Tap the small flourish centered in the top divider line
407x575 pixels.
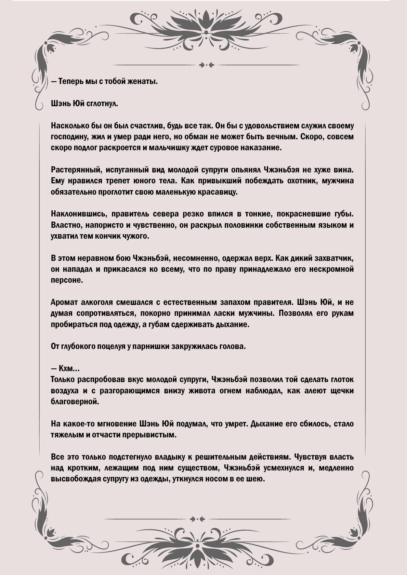coord(203,65)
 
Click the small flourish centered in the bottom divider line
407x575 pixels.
coord(203,519)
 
